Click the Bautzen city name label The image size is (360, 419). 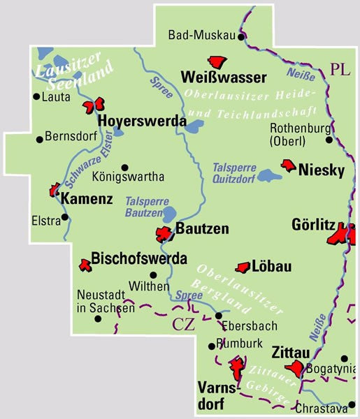203,228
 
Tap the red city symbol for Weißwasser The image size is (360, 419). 217,62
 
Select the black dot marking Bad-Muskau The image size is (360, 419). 241,36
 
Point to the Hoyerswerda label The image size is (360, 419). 143,121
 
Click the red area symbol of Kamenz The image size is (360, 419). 55,189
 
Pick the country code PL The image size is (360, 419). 340,70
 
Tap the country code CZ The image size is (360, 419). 184,323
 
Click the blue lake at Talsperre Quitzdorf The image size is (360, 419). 268,175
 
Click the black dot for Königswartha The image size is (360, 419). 124,167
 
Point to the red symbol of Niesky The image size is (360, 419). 288,165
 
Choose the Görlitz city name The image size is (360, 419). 313,225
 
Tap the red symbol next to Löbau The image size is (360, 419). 243,267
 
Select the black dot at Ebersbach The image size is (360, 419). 219,316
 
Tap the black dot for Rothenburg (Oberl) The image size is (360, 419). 329,140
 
